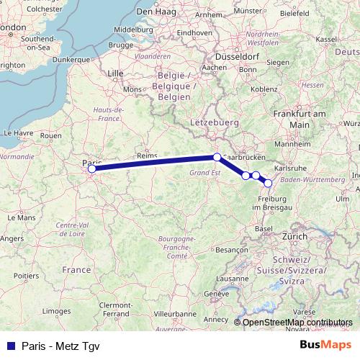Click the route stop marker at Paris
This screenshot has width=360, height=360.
91,169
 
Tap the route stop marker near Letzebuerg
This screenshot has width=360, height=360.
217,157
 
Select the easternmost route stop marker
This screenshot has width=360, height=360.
269,183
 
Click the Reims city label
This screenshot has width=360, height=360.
147,156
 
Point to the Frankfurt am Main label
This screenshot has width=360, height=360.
300,119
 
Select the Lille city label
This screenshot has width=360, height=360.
115,73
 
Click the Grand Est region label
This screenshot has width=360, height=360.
204,173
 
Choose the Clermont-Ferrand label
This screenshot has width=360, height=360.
114,310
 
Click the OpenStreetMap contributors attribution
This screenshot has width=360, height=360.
297,323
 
